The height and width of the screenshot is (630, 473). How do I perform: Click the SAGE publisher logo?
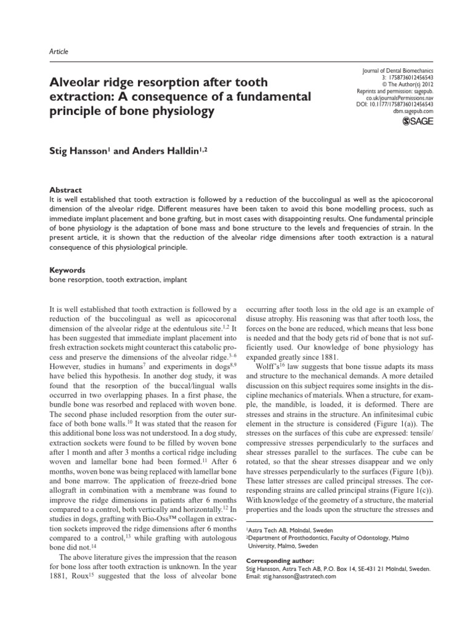pos(417,122)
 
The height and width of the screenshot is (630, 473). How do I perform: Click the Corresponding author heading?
pos(280,560)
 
